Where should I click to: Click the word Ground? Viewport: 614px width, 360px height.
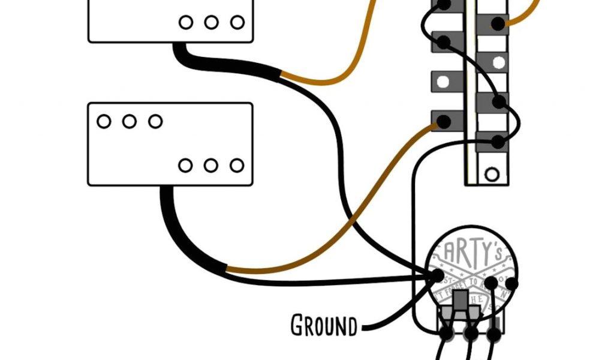pyautogui.click(x=323, y=326)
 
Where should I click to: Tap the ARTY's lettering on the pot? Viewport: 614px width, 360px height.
pyautogui.click(x=474, y=249)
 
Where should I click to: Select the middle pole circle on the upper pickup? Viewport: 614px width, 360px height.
pyautogui.click(x=211, y=23)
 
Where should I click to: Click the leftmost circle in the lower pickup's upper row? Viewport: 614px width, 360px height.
pyautogui.click(x=104, y=121)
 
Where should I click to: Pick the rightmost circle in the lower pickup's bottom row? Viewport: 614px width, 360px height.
pyautogui.click(x=237, y=165)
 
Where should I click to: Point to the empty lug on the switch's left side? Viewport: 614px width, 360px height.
pyautogui.click(x=444, y=80)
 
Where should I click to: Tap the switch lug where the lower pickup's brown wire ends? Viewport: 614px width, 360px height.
pyautogui.click(x=444, y=121)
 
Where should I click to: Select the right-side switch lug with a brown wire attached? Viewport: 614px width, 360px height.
pyautogui.click(x=497, y=24)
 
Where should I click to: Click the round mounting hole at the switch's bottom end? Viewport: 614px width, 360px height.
pyautogui.click(x=492, y=175)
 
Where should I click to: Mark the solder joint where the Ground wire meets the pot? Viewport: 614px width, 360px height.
pyautogui.click(x=437, y=275)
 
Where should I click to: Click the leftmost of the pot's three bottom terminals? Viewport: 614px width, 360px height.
pyautogui.click(x=447, y=331)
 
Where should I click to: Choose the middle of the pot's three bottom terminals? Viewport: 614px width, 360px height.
pyautogui.click(x=471, y=331)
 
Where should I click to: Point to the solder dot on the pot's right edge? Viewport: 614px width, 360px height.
pyautogui.click(x=511, y=284)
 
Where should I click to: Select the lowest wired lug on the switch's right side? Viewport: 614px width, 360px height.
pyautogui.click(x=497, y=142)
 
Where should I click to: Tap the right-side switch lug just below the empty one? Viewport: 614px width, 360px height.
pyautogui.click(x=497, y=102)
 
